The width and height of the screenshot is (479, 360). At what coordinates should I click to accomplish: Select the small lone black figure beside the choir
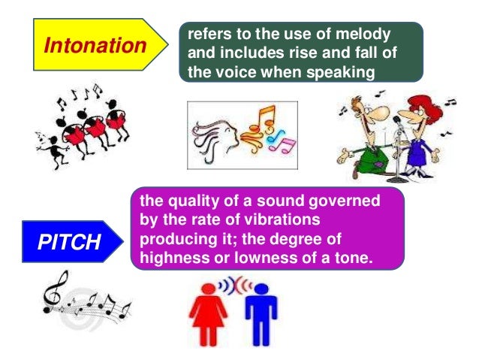click(46, 140)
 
